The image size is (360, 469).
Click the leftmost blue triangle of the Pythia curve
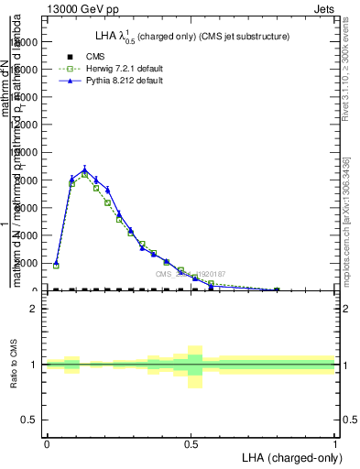tap(56, 262)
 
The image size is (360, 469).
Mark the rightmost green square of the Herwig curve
tap(277, 290)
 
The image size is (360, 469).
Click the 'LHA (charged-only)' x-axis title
tap(289, 457)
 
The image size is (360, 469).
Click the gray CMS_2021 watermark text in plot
tap(189, 274)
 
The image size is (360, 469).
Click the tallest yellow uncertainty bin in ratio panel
tap(195, 366)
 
